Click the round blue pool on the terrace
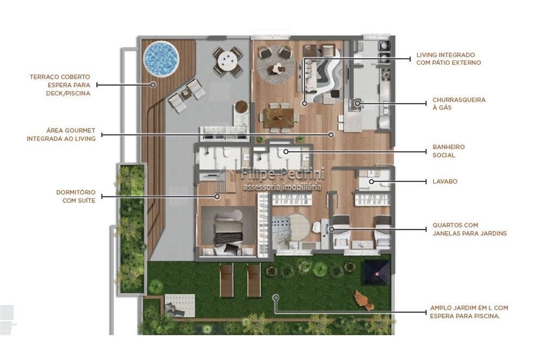tap(161, 58)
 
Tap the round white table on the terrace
tap(227, 62)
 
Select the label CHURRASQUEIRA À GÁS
tap(459, 104)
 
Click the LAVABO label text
tap(445, 181)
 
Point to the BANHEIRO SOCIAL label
tap(449, 151)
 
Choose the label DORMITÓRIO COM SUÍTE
tap(76, 196)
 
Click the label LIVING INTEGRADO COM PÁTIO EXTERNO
tap(448, 58)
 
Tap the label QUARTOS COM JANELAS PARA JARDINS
tap(470, 229)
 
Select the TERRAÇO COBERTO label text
tap(59, 77)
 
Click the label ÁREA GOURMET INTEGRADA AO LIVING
tap(61, 134)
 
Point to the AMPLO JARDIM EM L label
tap(469, 312)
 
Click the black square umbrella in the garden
tap(377, 272)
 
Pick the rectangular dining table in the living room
tap(278, 117)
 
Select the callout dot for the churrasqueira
tap(357, 103)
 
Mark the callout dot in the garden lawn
tap(275, 297)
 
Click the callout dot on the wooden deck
tap(153, 84)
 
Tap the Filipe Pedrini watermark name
tap(282, 174)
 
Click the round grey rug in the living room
tap(275, 65)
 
